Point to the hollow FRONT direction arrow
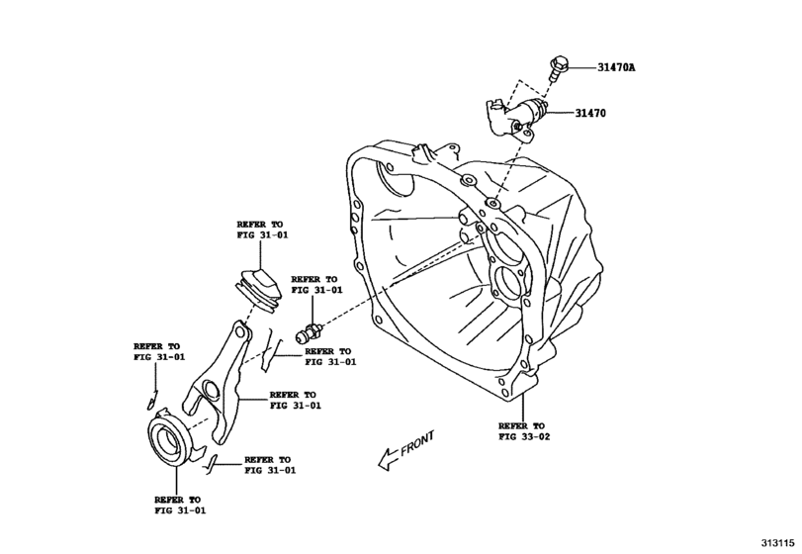(x=381, y=456)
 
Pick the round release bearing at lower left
(x=172, y=436)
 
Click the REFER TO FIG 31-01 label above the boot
(x=259, y=231)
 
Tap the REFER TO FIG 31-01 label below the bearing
(x=178, y=506)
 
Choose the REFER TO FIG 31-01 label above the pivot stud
(x=314, y=286)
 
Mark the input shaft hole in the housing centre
(x=509, y=285)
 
